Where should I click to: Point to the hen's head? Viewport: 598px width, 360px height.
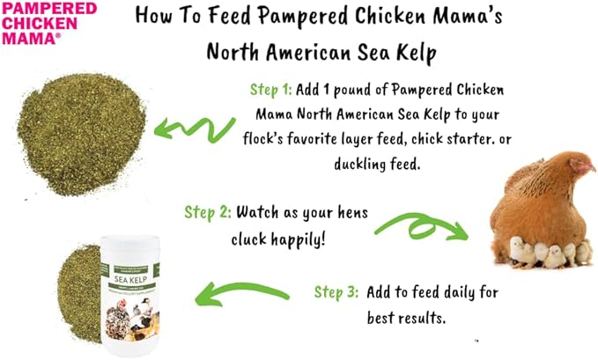click(577, 163)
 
